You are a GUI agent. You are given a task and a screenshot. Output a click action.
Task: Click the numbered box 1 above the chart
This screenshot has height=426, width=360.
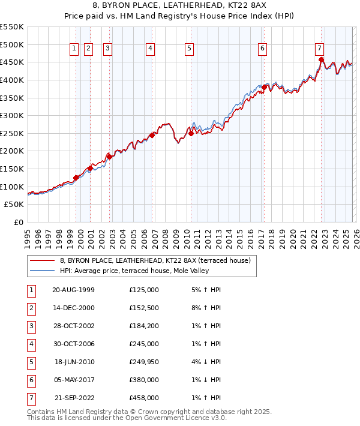74,49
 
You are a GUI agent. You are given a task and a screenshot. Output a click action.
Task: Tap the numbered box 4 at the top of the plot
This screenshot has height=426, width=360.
150,49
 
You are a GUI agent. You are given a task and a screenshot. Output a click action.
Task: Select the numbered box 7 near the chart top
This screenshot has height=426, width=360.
319,49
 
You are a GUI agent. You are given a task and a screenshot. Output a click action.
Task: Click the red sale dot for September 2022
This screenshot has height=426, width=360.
321,59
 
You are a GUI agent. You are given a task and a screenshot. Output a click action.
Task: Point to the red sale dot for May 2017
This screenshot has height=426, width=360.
264,87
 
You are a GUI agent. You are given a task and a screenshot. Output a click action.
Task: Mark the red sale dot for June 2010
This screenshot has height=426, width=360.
191,134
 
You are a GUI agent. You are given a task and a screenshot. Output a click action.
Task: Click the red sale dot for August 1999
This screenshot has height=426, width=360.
76,178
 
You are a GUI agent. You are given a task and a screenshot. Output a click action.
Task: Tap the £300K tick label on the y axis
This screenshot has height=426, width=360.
12,115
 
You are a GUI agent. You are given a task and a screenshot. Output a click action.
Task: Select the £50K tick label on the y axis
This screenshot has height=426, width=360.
14,205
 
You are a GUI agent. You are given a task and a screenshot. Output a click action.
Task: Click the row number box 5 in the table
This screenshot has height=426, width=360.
31,362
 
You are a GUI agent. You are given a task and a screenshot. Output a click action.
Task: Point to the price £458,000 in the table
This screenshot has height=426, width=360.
144,398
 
